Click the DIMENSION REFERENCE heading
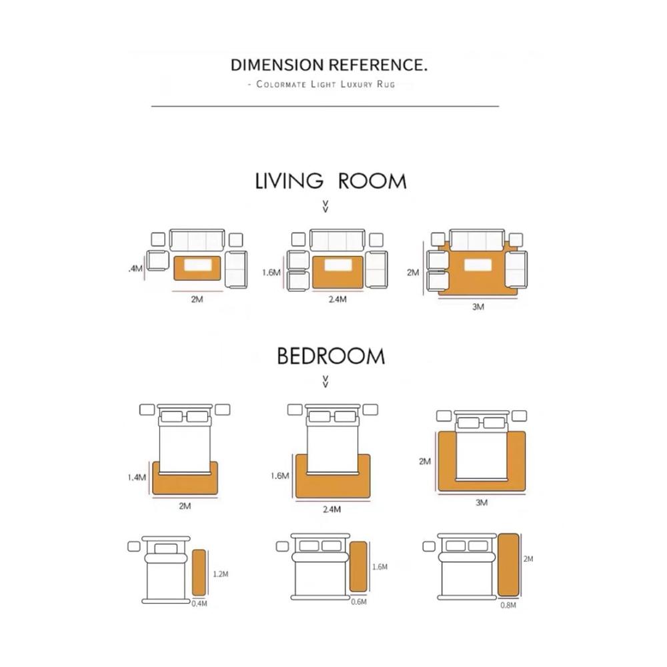pyautogui.click(x=329, y=65)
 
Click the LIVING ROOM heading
pyautogui.click(x=331, y=181)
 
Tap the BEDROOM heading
pyautogui.click(x=331, y=356)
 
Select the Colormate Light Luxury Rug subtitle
pyautogui.click(x=325, y=84)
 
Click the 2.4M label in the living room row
pyautogui.click(x=338, y=299)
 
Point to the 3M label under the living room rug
pyautogui.click(x=478, y=307)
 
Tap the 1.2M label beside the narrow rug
pyautogui.click(x=220, y=574)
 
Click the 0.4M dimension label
pyautogui.click(x=199, y=604)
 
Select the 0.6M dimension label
pyautogui.click(x=359, y=602)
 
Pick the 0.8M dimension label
pyautogui.click(x=508, y=605)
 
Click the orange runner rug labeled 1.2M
pyautogui.click(x=199, y=572)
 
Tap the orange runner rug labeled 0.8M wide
pyautogui.click(x=508, y=565)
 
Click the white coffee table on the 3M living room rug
pyautogui.click(x=478, y=265)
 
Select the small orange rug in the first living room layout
pyautogui.click(x=197, y=268)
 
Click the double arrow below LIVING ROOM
pyautogui.click(x=325, y=206)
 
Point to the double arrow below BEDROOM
pyautogui.click(x=325, y=382)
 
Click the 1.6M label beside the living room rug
pyautogui.click(x=271, y=273)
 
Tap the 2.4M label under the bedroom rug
pyautogui.click(x=331, y=509)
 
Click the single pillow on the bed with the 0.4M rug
pyautogui.click(x=166, y=549)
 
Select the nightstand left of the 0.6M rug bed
pyautogui.click(x=282, y=546)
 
